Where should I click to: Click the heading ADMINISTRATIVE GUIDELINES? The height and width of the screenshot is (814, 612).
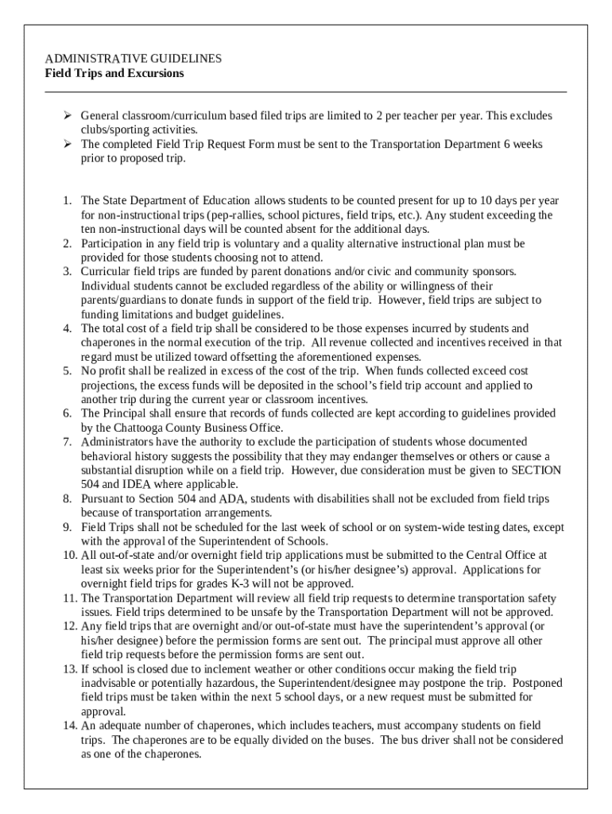[x=134, y=59]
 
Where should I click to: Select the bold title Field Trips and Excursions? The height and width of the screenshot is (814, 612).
[x=114, y=73]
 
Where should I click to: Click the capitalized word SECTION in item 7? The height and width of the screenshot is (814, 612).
[x=535, y=470]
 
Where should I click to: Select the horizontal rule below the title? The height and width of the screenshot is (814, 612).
[x=306, y=92]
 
